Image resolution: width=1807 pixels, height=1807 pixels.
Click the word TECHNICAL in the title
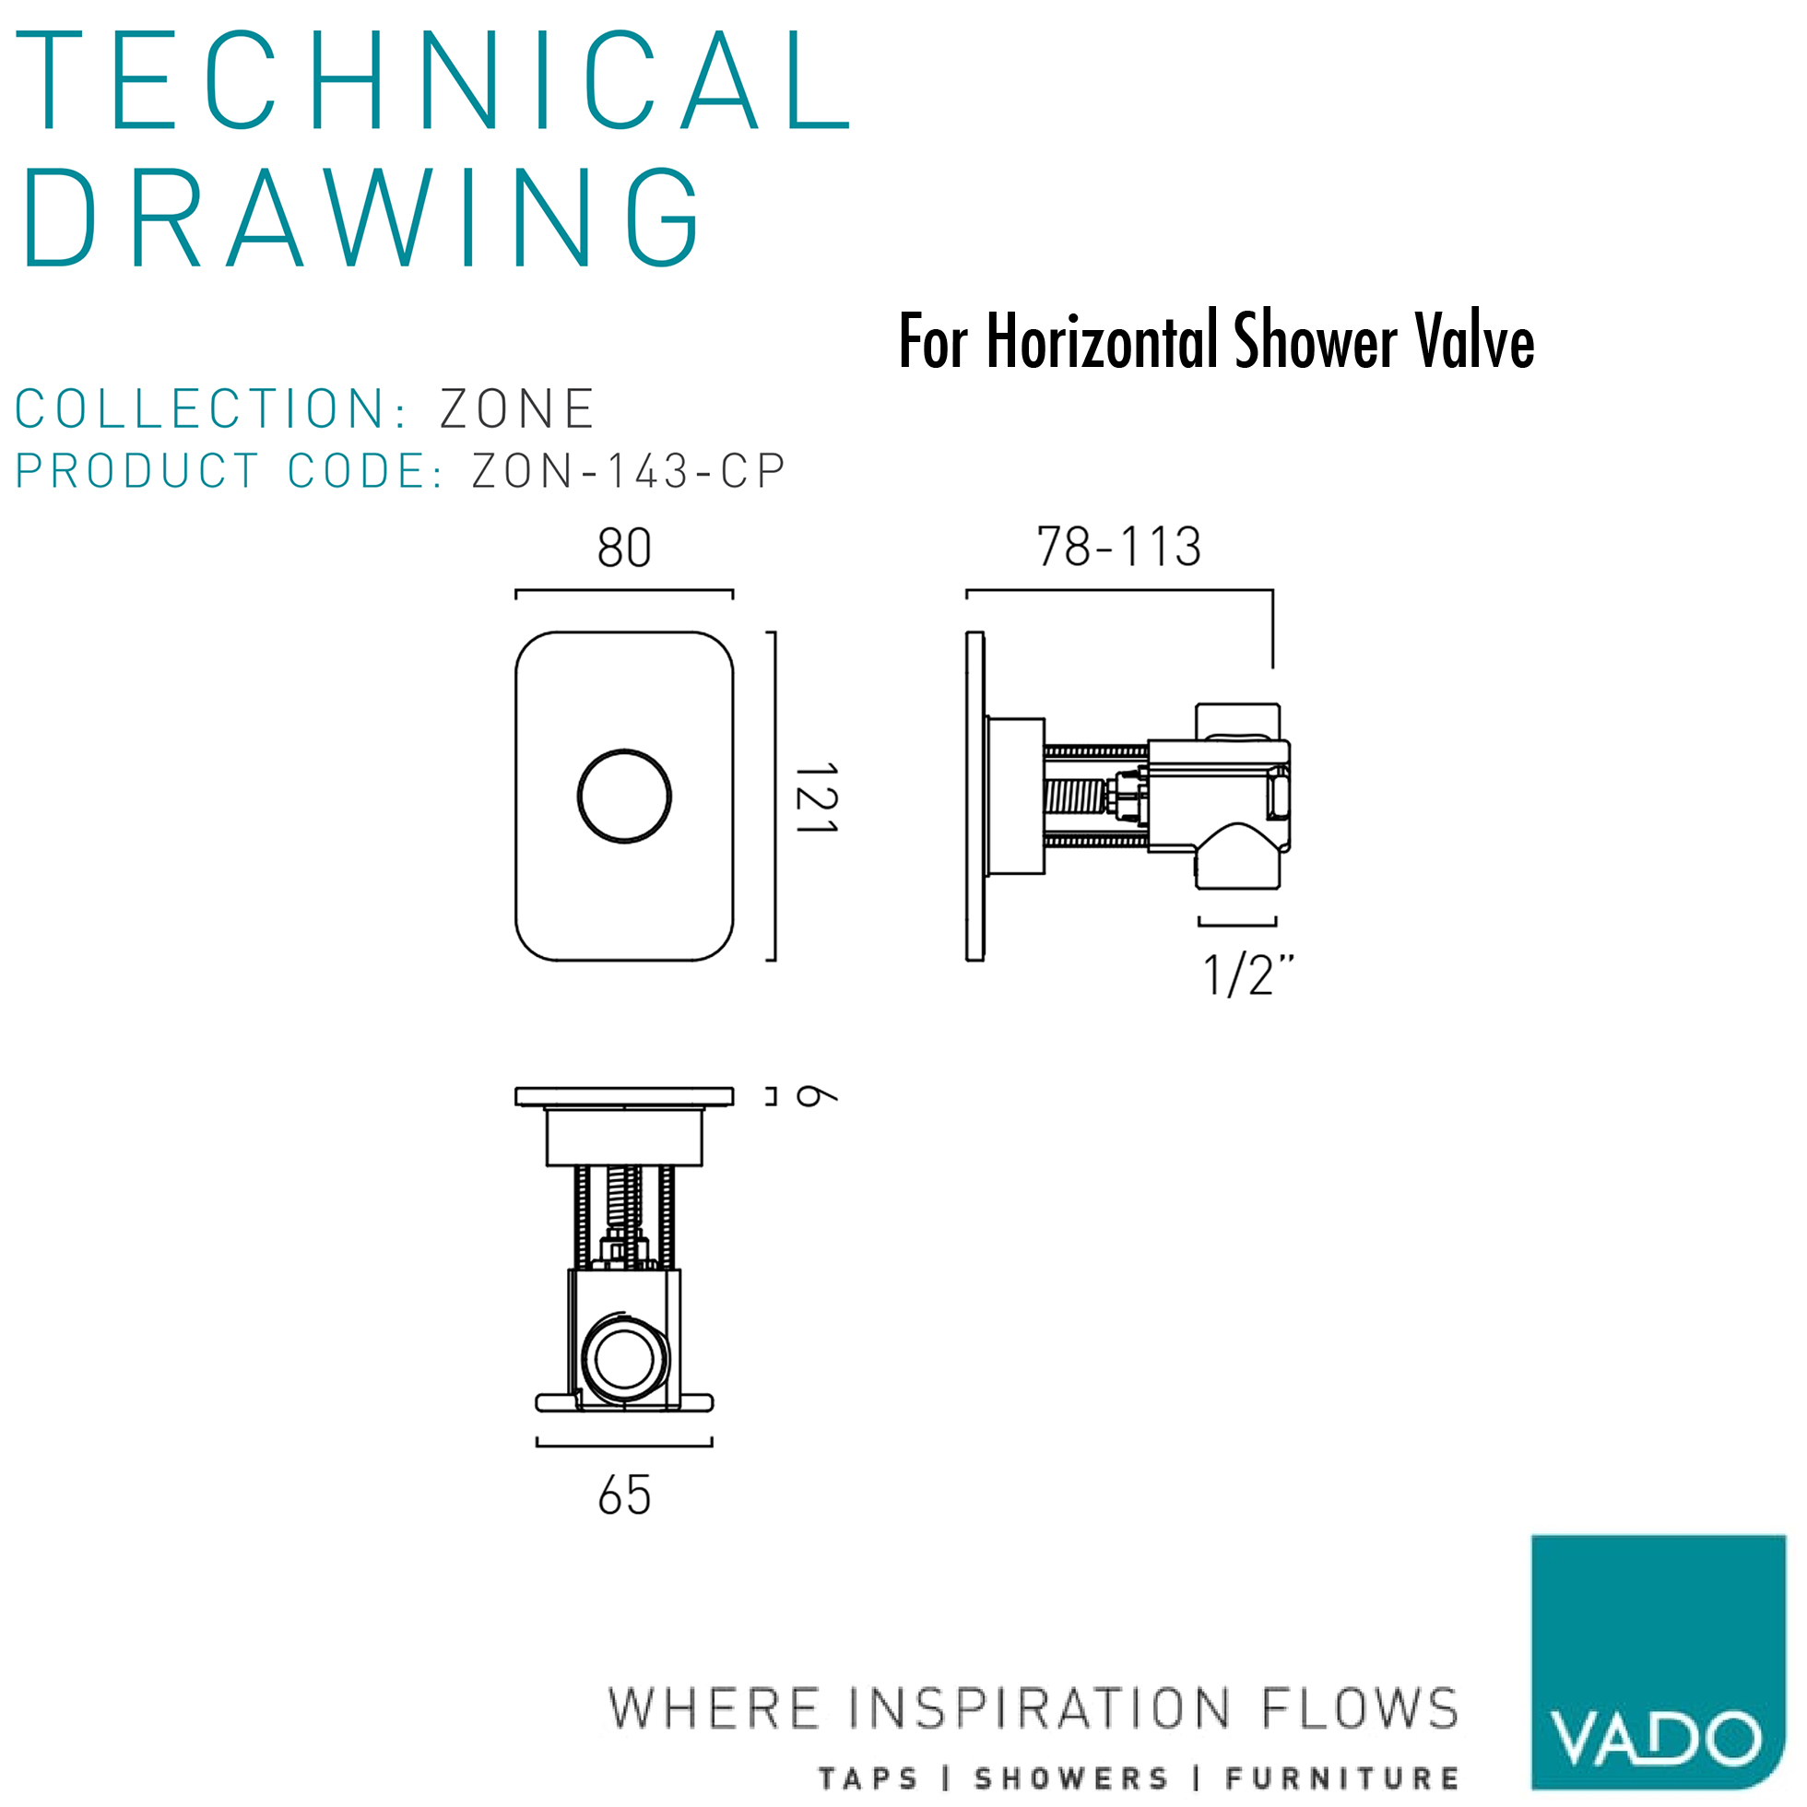pos(432,80)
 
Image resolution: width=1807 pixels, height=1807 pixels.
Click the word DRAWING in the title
pos(361,218)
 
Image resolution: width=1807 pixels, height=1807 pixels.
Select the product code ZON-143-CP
pos(628,470)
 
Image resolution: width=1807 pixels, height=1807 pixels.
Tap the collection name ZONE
pos(517,408)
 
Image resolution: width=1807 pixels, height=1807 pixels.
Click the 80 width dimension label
pos(624,548)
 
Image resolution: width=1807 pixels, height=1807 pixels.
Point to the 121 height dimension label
pos(817,797)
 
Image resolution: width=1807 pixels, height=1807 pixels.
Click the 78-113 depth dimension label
pos(1118,547)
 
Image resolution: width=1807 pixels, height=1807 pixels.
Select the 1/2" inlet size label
pos(1247,975)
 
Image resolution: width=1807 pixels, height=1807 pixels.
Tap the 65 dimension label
pos(624,1495)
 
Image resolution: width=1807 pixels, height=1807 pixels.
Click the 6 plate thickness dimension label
pos(816,1096)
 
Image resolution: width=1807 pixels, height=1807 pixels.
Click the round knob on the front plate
pos(624,796)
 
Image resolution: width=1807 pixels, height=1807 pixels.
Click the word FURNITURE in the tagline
pos(1342,1778)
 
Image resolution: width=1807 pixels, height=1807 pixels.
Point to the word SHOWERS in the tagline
pos(1071,1778)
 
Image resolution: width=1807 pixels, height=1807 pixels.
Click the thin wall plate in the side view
pos(974,796)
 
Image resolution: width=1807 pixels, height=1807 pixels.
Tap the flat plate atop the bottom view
pos(624,1096)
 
